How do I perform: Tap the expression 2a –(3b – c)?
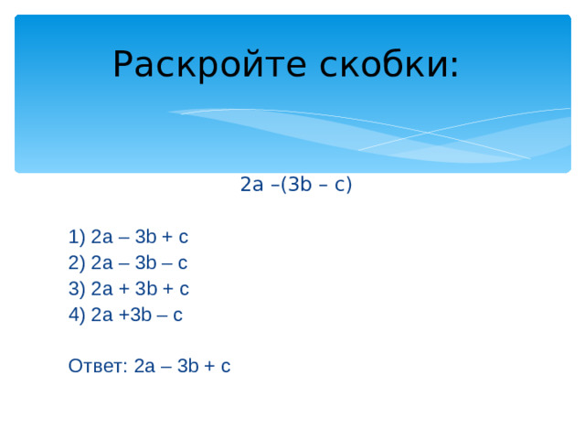tap(295, 185)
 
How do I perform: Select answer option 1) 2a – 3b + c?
tap(128, 238)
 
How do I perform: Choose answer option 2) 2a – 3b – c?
tap(128, 263)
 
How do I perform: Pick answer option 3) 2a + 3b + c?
tap(128, 289)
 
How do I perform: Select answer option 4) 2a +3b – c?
tap(125, 315)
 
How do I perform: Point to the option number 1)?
tap(76, 238)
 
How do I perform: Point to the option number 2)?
tap(76, 263)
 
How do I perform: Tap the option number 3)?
tap(76, 289)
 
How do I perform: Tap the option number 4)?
tap(76, 315)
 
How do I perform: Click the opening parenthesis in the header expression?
tap(284, 185)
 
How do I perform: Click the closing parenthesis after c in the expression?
tap(349, 185)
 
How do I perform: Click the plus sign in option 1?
tap(167, 238)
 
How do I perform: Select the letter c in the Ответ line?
tap(226, 367)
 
